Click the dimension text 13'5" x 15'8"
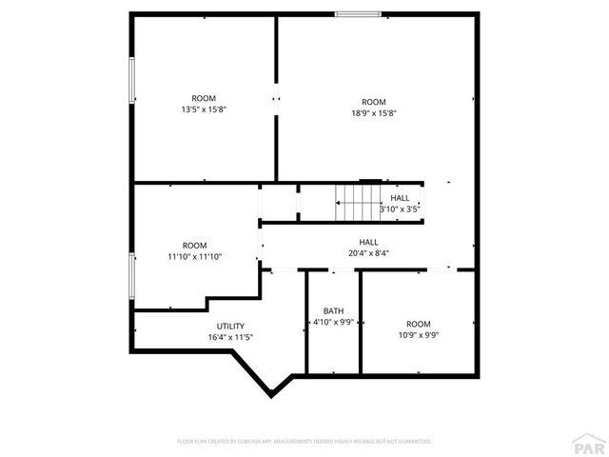click(204, 109)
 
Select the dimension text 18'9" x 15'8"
click(373, 113)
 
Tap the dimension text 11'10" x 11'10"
click(194, 257)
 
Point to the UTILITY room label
click(230, 326)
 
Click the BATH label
click(333, 310)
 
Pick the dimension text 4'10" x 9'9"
click(333, 322)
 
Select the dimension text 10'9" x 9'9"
click(418, 335)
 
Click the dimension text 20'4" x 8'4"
click(368, 253)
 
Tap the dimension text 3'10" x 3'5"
click(400, 209)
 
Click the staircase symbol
click(356, 200)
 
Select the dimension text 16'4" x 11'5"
click(230, 337)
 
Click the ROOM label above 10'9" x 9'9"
click(418, 324)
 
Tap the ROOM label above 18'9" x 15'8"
click(373, 102)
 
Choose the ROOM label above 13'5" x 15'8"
click(204, 98)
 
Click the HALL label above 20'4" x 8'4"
click(368, 242)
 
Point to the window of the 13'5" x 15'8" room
click(132, 81)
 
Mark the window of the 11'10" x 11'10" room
click(132, 276)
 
